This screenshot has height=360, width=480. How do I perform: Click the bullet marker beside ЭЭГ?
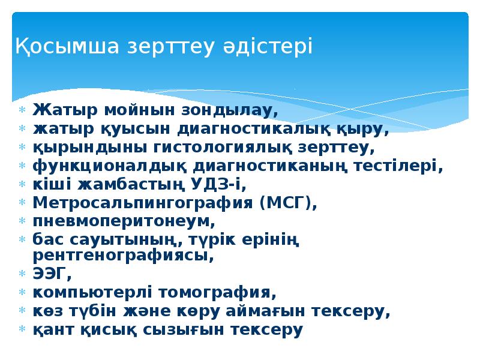(x=22, y=275)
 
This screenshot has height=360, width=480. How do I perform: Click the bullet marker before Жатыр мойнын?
(x=22, y=111)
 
